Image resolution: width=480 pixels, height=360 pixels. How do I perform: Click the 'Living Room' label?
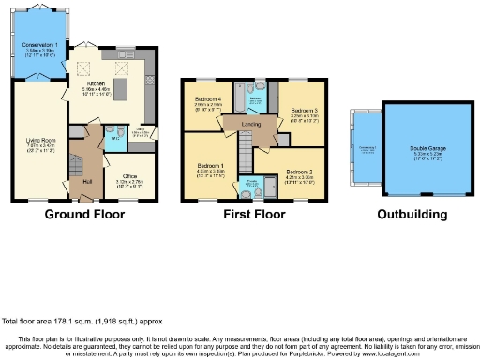pos(39,141)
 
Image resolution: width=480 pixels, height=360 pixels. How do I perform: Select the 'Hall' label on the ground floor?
pos(86,180)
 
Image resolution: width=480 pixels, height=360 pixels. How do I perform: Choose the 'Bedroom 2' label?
pos(298,172)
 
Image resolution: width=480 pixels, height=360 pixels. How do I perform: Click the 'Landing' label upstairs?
pos(252,123)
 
